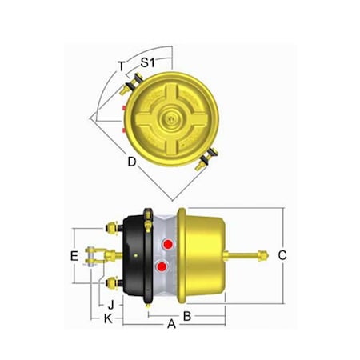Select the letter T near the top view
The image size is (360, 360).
[121, 66]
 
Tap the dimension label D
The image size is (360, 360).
[131, 162]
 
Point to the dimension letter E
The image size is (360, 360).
[73, 256]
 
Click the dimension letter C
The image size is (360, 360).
[282, 255]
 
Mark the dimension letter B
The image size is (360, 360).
[186, 315]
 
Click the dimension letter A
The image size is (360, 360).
[170, 324]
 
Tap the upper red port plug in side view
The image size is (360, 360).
[166, 243]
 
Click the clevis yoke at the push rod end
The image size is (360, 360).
[96, 255]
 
